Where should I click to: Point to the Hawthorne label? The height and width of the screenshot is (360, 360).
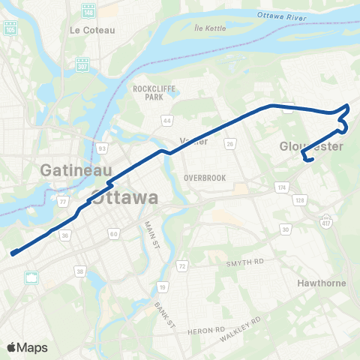click(x=320, y=284)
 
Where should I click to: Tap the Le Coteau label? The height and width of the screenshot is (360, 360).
click(x=85, y=30)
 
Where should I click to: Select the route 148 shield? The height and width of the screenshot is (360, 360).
click(x=88, y=10)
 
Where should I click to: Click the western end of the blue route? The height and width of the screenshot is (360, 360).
click(x=13, y=253)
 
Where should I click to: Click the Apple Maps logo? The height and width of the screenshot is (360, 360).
click(x=27, y=347)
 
